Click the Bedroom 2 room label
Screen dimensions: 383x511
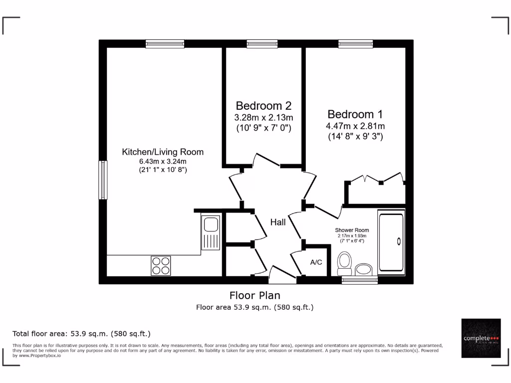click(263, 106)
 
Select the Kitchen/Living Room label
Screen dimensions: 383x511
click(163, 152)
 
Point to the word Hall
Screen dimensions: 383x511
click(278, 222)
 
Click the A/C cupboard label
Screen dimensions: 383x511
click(316, 262)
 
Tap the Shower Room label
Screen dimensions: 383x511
click(352, 230)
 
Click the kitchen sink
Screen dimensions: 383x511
click(211, 232)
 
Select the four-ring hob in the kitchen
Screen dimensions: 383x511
click(161, 265)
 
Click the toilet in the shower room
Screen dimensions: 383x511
click(344, 261)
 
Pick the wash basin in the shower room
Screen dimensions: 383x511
click(364, 270)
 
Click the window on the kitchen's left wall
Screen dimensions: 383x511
click(102, 180)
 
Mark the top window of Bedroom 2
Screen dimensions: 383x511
click(262, 44)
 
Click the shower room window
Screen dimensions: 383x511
click(359, 280)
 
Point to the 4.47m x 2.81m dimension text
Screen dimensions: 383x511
click(356, 126)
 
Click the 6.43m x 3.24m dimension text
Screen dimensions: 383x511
click(163, 161)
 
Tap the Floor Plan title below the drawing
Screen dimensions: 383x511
click(255, 295)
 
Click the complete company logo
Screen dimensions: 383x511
click(481, 338)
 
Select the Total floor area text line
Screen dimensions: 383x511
click(81, 333)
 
